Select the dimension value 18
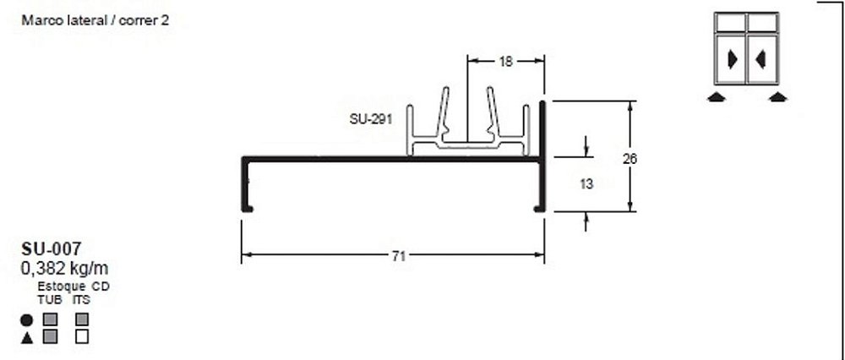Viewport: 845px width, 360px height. (x=505, y=61)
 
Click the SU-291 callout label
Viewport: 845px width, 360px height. (x=369, y=119)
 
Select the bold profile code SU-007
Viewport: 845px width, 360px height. (x=51, y=249)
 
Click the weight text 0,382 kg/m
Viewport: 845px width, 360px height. (x=64, y=269)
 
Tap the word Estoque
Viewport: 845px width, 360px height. (x=61, y=287)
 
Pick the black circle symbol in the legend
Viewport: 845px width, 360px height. (x=26, y=320)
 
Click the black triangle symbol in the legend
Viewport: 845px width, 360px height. (x=26, y=337)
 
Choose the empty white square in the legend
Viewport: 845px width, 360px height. (x=82, y=337)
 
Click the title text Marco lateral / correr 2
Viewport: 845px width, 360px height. (x=90, y=21)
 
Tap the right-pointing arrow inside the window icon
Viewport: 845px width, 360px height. (x=732, y=59)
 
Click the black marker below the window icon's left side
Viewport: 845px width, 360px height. (x=717, y=96)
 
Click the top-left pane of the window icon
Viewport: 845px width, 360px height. (x=731, y=23)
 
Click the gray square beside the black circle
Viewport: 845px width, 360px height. (x=50, y=320)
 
